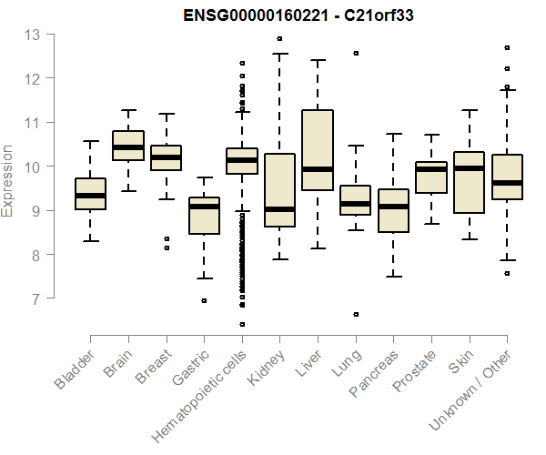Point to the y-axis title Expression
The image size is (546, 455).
pos(8,180)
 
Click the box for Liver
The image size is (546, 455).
pos(317,150)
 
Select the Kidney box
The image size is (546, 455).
pos(279,189)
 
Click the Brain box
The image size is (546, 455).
pos(128,146)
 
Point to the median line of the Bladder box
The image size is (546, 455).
pos(90,195)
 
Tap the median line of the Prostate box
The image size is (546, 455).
pos(430,169)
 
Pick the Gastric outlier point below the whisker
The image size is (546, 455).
pos(204,300)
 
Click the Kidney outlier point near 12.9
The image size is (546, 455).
pos(279,39)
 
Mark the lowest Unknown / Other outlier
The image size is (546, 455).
pos(507,273)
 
